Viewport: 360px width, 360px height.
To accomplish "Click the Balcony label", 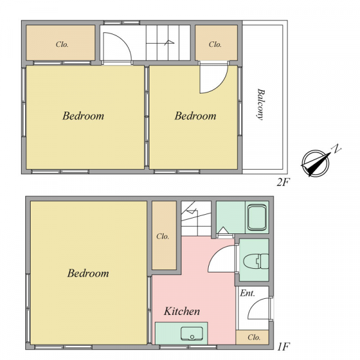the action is pos(261,104).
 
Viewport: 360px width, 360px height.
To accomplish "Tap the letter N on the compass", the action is pos(337,148).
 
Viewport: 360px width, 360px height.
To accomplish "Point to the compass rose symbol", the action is pos(316,163).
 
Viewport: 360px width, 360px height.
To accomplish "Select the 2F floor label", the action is pos(283,182).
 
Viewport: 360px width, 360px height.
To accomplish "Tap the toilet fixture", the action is pos(256,261).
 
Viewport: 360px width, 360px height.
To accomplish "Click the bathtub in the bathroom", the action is pos(257,218).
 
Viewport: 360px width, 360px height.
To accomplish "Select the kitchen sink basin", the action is pos(192,334).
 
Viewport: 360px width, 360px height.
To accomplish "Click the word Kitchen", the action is pos(182,311).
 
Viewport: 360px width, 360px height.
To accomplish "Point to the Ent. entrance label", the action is pos(247,293).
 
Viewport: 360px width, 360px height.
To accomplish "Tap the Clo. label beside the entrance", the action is pos(254,337).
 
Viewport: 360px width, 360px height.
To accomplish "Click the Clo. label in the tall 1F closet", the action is pos(163,236).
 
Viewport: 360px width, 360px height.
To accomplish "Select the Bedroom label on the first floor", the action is pos(88,273).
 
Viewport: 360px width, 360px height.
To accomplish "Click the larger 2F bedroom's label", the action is pos(83,116).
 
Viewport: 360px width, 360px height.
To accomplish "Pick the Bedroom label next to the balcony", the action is pos(196,116).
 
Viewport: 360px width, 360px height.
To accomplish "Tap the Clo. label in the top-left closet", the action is pos(62,44).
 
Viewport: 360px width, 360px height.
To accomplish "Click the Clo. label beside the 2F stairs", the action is pos(215,44).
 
